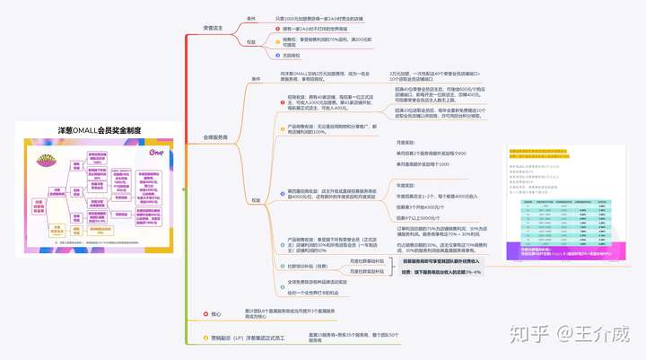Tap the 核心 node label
click(x=216, y=313)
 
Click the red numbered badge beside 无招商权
click(x=277, y=56)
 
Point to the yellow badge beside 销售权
click(x=277, y=40)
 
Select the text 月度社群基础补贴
click(x=367, y=260)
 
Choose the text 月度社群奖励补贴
click(x=367, y=271)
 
